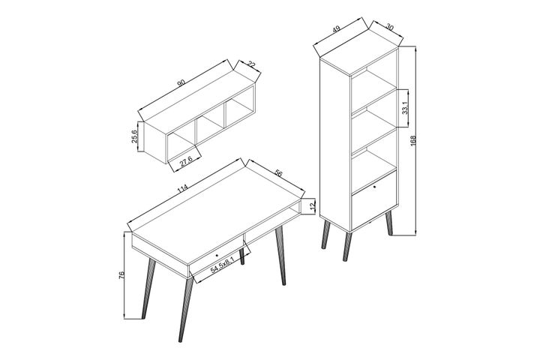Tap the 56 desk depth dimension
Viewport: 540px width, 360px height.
coord(278,172)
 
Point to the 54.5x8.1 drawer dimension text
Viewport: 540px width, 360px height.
coord(223,265)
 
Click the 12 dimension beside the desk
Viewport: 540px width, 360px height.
coord(312,205)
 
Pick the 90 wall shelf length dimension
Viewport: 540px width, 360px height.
coord(181,82)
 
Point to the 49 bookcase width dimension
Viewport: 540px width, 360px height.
coord(337,31)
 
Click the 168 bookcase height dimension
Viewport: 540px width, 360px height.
coord(412,141)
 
